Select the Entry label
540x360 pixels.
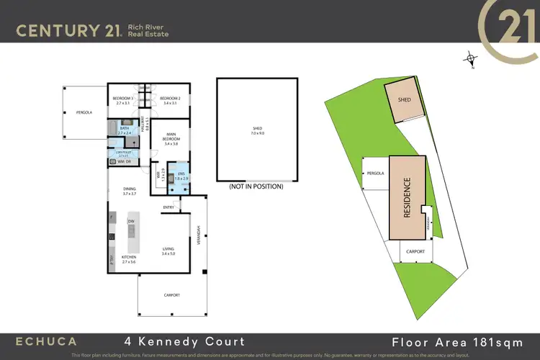(x=168, y=207)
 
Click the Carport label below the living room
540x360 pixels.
(x=171, y=295)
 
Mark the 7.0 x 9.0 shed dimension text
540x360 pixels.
(x=258, y=134)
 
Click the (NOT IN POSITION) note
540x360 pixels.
(x=256, y=186)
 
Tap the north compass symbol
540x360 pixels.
(x=470, y=60)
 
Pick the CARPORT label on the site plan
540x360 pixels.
(x=415, y=251)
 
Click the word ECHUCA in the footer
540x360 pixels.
(x=48, y=341)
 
